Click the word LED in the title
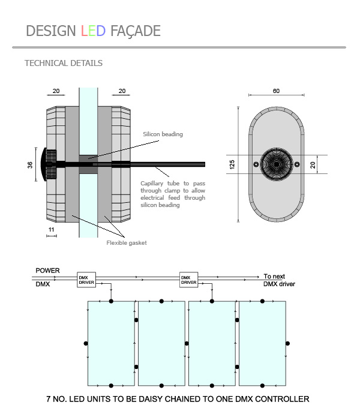pyautogui.click(x=93, y=31)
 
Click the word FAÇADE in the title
pyautogui.click(x=135, y=31)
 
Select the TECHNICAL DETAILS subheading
pyautogui.click(x=63, y=63)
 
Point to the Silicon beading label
pyautogui.click(x=163, y=134)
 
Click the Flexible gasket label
pyautogui.click(x=127, y=242)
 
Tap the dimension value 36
pyautogui.click(x=30, y=164)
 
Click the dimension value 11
pyautogui.click(x=51, y=229)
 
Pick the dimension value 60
pyautogui.click(x=276, y=91)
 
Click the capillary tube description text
pyautogui.click(x=173, y=194)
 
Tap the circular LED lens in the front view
pyautogui.click(x=276, y=164)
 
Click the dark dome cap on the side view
pyautogui.click(x=44, y=164)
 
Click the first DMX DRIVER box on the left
pyautogui.click(x=86, y=280)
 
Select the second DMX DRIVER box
pyautogui.click(x=189, y=280)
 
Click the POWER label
pyautogui.click(x=48, y=271)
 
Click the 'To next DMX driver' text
pyautogui.click(x=280, y=280)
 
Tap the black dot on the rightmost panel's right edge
pyautogui.click(x=287, y=343)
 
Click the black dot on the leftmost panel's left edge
pyautogui.click(x=86, y=343)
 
